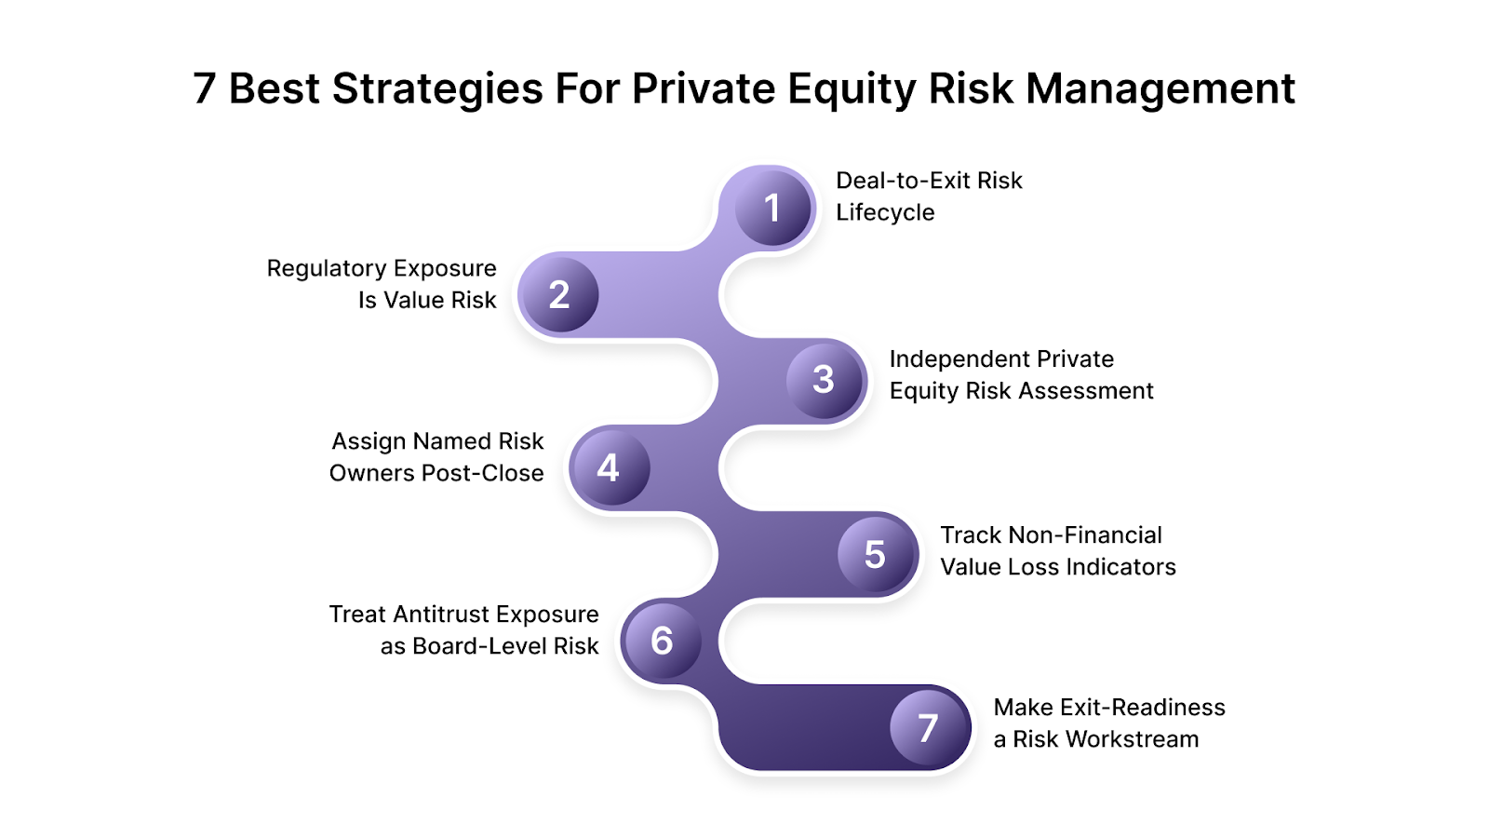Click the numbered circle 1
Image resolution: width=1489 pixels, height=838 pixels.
point(772,208)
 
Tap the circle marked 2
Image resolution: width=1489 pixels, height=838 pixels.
point(558,295)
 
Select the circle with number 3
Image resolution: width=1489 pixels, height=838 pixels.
point(825,380)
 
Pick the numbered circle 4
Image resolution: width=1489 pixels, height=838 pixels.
point(609,467)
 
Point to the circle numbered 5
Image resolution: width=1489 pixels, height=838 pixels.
point(876,555)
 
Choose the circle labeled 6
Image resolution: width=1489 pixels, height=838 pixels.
point(662,641)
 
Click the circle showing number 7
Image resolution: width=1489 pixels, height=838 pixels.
point(929,728)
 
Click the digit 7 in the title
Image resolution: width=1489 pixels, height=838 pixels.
point(204,89)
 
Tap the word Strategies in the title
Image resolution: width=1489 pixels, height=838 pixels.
point(438,89)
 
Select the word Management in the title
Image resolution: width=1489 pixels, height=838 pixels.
point(1160,89)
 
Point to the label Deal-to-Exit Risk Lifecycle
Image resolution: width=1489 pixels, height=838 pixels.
point(929,196)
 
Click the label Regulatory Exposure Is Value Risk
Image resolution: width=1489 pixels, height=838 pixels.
point(382,284)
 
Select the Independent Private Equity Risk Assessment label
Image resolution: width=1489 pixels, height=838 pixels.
point(1021,374)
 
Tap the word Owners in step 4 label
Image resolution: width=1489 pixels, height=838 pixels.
point(371,473)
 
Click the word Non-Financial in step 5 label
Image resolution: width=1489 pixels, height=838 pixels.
point(1085,535)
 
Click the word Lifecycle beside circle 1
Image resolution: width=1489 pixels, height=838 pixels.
point(885,212)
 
